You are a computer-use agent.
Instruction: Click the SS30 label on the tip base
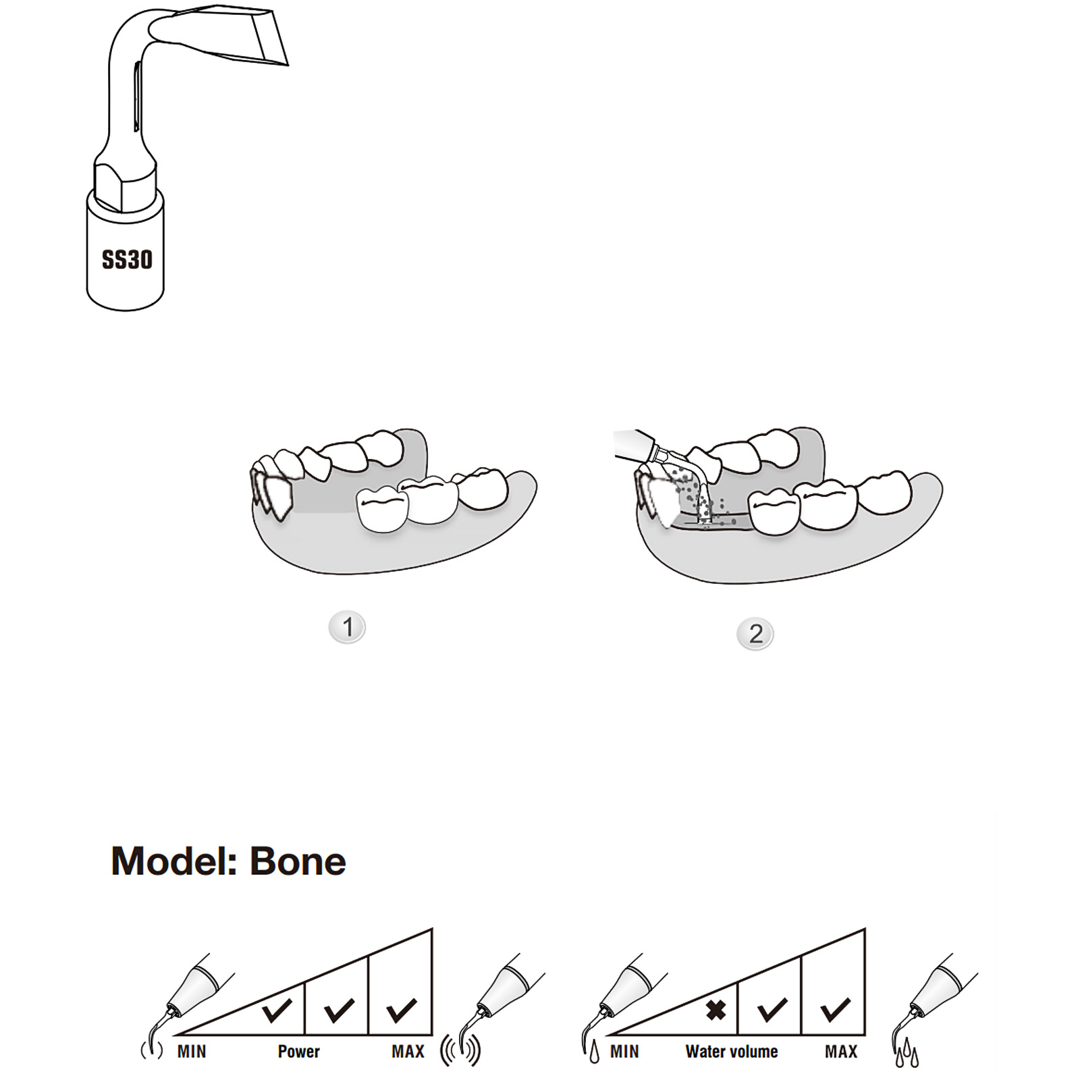(127, 259)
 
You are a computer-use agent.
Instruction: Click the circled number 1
(347, 627)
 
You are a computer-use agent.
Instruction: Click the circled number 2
(755, 634)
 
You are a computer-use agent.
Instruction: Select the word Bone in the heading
(298, 861)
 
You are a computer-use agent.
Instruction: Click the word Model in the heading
(173, 861)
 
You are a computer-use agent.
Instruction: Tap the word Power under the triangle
(298, 1051)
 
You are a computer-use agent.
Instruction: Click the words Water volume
(732, 1051)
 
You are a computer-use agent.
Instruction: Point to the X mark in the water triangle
(715, 1010)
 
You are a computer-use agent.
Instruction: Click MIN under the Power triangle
(192, 1051)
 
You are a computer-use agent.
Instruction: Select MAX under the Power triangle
(408, 1051)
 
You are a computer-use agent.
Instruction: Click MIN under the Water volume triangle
(624, 1051)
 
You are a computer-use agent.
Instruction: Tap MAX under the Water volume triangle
(841, 1051)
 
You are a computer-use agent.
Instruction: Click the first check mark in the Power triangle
(277, 1010)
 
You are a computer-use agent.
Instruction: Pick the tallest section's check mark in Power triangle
(402, 1010)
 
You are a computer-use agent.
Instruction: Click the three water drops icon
(907, 1053)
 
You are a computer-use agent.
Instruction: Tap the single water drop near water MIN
(594, 1053)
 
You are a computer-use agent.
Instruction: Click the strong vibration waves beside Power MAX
(460, 1050)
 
